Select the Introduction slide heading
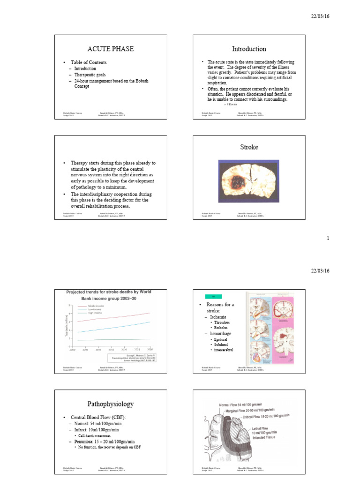tap(249, 49)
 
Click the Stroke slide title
tap(248, 147)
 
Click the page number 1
tap(328, 238)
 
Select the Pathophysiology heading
tap(111, 404)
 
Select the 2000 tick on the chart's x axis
tap(73, 350)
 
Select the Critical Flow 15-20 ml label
tap(271, 416)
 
